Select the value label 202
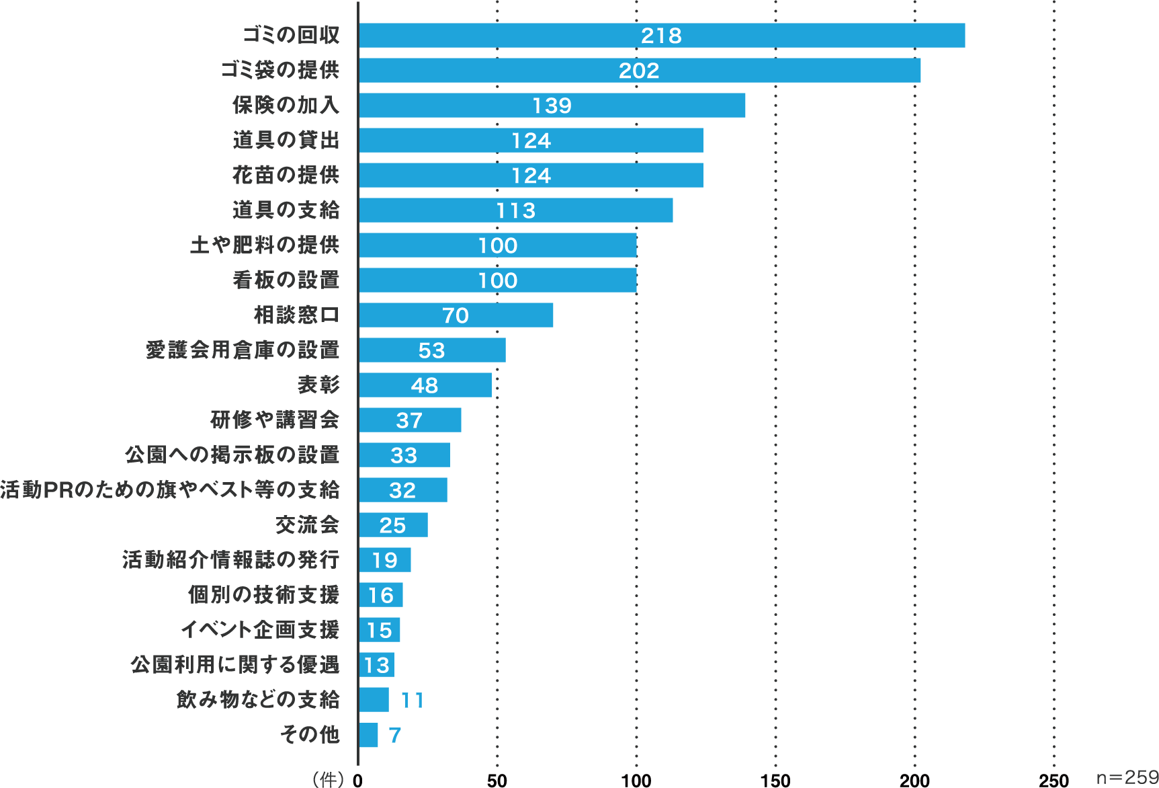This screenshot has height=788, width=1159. [x=639, y=71]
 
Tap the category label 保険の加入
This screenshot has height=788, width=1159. [x=286, y=106]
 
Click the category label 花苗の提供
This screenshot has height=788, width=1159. [x=286, y=175]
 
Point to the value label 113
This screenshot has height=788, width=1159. [x=515, y=211]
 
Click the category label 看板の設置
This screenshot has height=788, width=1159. [x=286, y=280]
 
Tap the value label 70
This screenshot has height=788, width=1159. [x=456, y=315]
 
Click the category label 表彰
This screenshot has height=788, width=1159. [x=318, y=385]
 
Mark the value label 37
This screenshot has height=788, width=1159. [x=409, y=420]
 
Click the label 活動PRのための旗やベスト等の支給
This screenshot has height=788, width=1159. [x=170, y=490]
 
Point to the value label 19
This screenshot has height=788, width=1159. [x=384, y=560]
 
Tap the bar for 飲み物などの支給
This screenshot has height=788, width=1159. [x=374, y=700]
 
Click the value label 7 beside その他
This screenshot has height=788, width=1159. [x=394, y=736]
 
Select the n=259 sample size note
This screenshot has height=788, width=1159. [x=1127, y=777]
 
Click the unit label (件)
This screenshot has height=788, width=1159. [x=328, y=779]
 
